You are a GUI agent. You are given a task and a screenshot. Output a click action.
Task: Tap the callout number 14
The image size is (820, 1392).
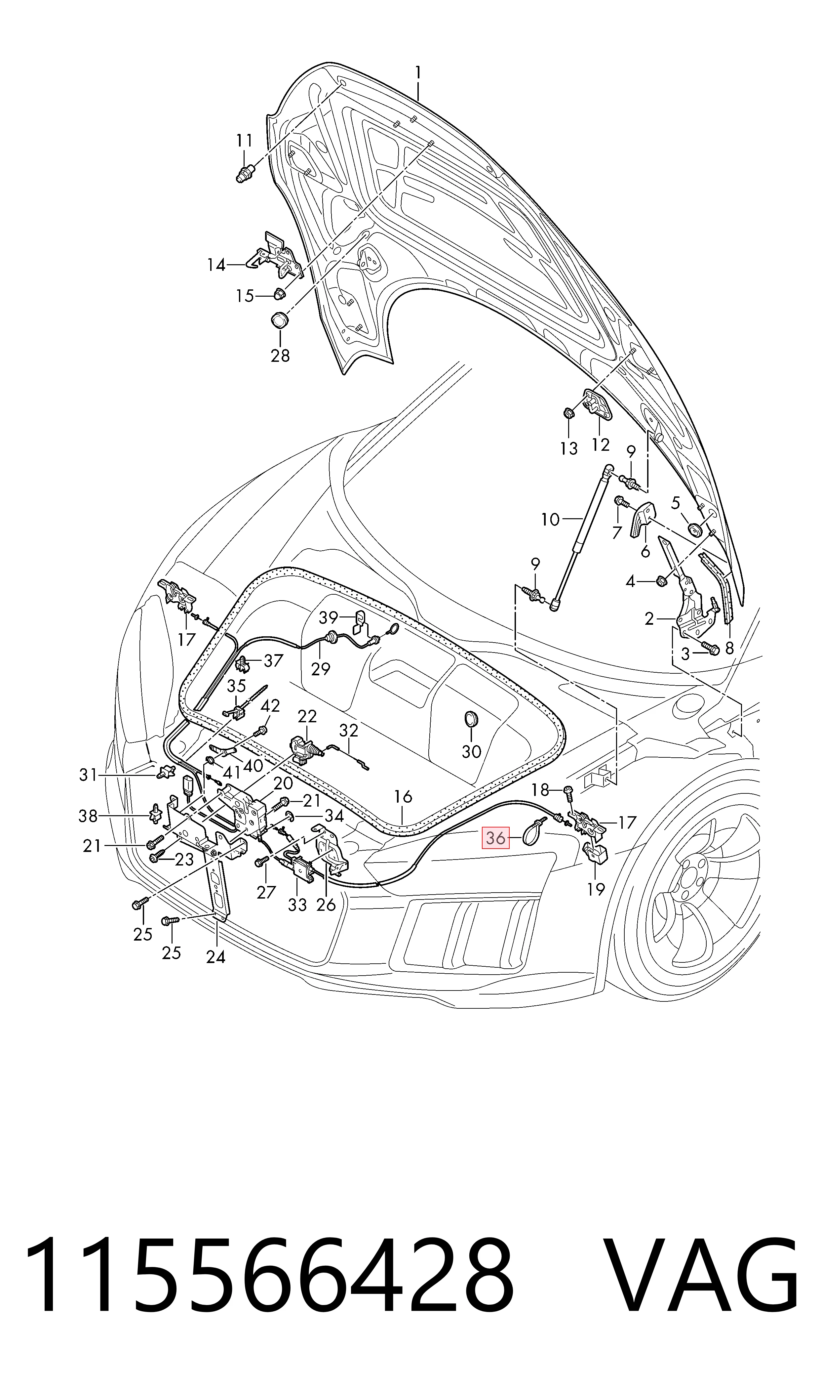pos(216,265)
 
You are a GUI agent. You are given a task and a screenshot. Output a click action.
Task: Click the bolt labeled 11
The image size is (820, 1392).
pos(243,171)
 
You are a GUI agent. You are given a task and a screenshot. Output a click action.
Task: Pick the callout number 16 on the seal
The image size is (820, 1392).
pos(403,797)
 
